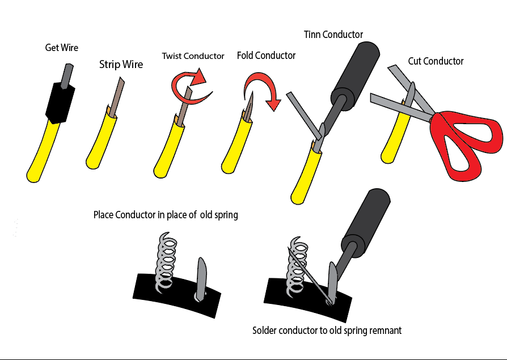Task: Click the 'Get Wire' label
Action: (61, 48)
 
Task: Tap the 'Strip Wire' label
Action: (121, 65)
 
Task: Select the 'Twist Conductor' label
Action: (193, 56)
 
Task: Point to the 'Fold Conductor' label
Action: (266, 56)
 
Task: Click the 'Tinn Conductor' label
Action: (333, 35)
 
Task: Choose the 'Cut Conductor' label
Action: (436, 61)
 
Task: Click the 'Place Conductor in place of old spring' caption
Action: (166, 215)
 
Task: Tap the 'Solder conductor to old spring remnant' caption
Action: (327, 330)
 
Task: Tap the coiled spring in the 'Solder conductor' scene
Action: (298, 264)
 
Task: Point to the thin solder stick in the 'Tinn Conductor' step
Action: (301, 113)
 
